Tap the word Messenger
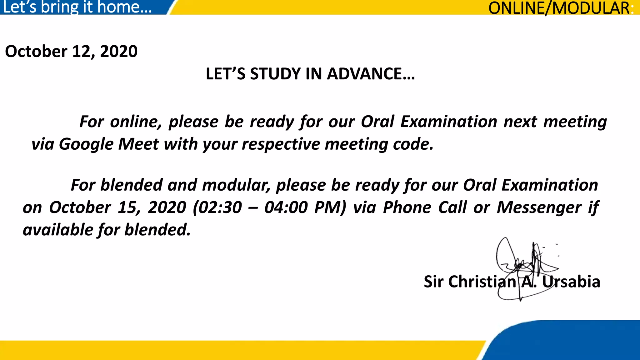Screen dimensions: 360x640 point(539,207)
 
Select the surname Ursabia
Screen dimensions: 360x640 point(571,282)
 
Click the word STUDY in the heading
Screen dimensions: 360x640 point(275,74)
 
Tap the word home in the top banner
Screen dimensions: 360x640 point(124,7)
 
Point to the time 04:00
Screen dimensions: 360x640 point(286,207)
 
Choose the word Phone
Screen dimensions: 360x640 point(407,207)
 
